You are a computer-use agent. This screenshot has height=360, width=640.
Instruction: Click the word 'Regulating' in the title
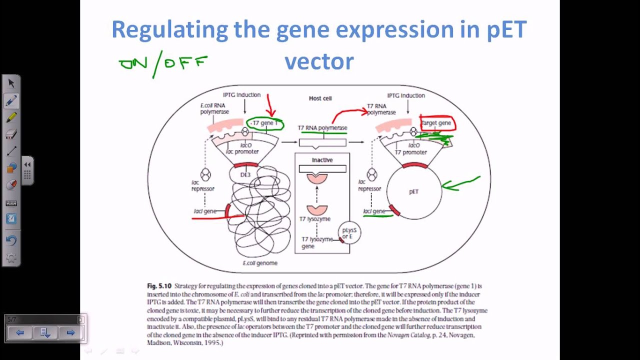pyautogui.click(x=169, y=29)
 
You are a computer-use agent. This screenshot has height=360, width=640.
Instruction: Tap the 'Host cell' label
pyautogui.click(x=320, y=98)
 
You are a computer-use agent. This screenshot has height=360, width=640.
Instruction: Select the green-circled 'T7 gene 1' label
pyautogui.click(x=265, y=123)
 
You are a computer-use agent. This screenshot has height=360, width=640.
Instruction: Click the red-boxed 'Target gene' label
pyautogui.click(x=436, y=123)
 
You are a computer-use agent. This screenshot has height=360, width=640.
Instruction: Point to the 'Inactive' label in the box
pyautogui.click(x=322, y=160)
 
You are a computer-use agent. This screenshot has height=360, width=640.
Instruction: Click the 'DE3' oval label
pyautogui.click(x=245, y=175)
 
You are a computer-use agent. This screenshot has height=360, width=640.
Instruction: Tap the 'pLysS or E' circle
pyautogui.click(x=349, y=233)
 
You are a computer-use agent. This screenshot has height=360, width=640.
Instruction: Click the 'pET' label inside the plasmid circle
pyautogui.click(x=413, y=192)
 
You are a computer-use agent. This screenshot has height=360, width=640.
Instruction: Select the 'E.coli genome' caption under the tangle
pyautogui.click(x=260, y=263)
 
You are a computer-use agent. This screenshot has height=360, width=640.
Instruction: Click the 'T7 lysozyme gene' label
pyautogui.click(x=316, y=242)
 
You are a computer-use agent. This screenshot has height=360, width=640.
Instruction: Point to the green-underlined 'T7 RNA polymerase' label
pyautogui.click(x=322, y=128)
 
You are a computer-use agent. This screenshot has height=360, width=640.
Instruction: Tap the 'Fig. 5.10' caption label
pyautogui.click(x=159, y=286)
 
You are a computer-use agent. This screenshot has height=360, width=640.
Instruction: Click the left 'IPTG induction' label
pyautogui.click(x=241, y=95)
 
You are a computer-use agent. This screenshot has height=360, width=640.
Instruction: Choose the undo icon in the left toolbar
pyautogui.click(x=11, y=240)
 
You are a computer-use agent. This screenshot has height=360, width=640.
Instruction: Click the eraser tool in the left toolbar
pyautogui.click(x=11, y=134)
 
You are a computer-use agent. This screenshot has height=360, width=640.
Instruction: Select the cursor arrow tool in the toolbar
pyautogui.click(x=11, y=83)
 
